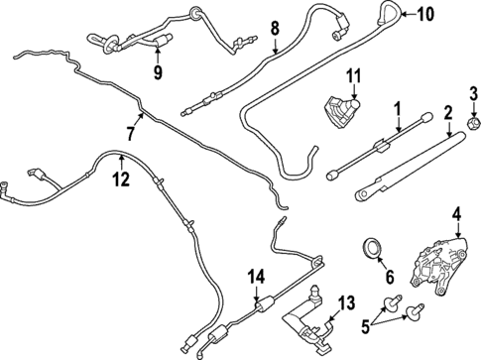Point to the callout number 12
coord(120,180)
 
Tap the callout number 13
coord(346,302)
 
